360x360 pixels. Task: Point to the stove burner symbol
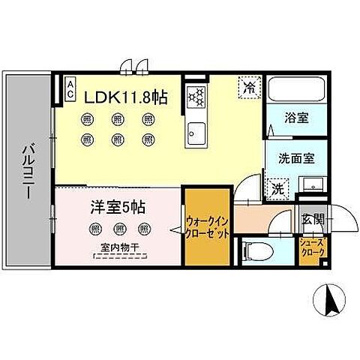pos(197,97)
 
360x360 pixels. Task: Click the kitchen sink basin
pos(196,133)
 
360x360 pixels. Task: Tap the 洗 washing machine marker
pos(276,187)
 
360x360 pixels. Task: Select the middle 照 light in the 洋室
pos(118,228)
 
